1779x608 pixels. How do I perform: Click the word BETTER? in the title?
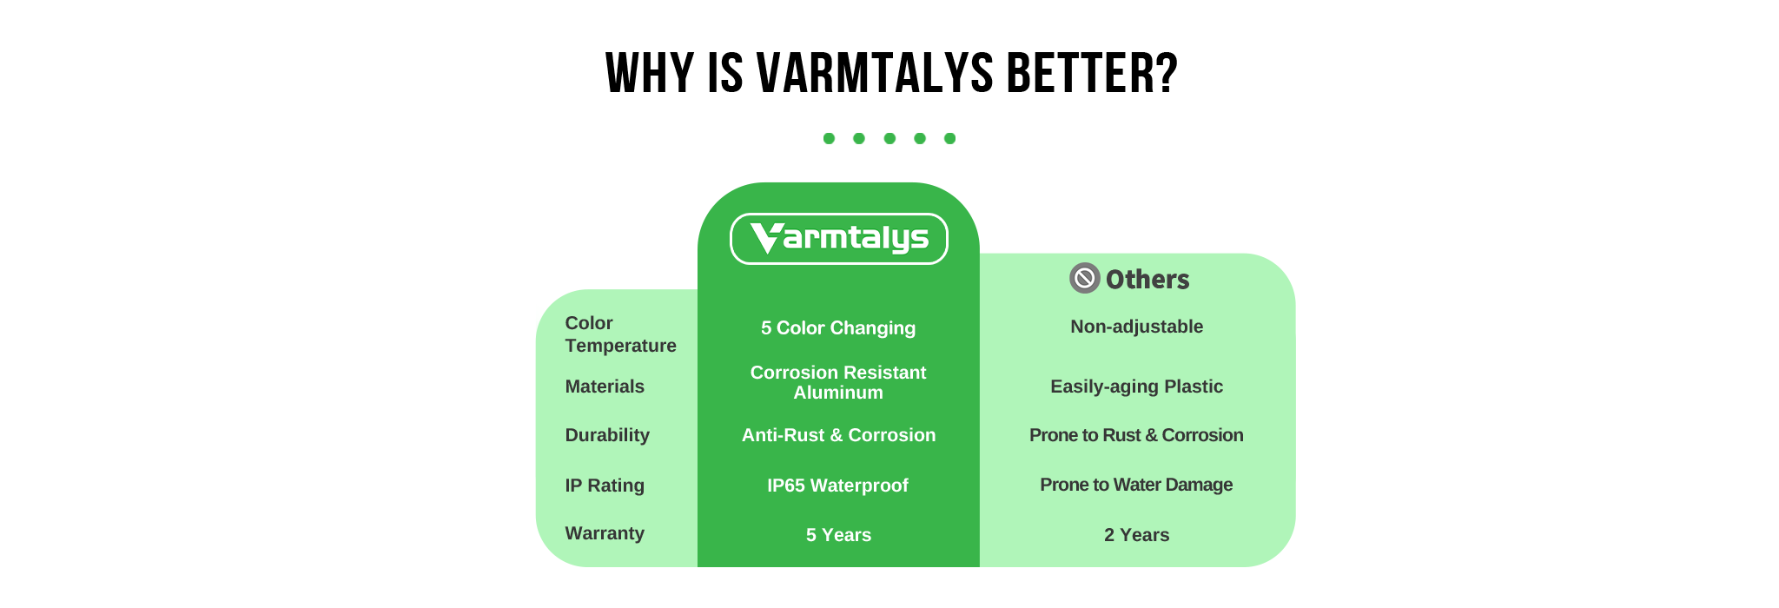[1092, 73]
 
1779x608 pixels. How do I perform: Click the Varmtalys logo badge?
[838, 239]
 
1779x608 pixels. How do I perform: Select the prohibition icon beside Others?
[1084, 278]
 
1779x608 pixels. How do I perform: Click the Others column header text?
[1147, 279]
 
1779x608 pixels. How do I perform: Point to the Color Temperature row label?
[620, 334]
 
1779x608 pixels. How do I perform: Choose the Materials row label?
[605, 387]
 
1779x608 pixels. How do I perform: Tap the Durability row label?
[607, 435]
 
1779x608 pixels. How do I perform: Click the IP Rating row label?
[605, 486]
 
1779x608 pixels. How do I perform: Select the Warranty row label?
[605, 533]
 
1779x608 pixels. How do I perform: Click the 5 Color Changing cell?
[838, 328]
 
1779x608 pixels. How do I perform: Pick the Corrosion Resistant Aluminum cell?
[838, 382]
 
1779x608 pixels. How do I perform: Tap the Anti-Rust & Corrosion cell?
[838, 435]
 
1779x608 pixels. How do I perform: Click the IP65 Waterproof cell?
[837, 486]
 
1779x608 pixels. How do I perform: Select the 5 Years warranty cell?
[838, 535]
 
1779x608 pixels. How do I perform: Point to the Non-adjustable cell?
[1136, 327]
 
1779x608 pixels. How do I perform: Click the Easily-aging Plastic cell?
[1136, 387]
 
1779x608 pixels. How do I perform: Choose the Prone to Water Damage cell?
[1136, 485]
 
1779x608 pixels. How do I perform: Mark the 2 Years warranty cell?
[1136, 535]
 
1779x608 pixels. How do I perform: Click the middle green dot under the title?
[889, 138]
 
